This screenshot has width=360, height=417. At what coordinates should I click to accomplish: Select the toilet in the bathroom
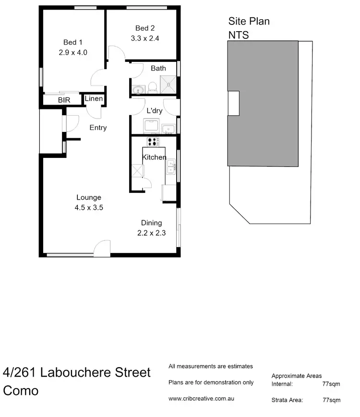153,87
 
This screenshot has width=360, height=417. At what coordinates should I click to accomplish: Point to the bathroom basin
138,89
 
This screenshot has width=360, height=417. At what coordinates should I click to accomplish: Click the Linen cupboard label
94,99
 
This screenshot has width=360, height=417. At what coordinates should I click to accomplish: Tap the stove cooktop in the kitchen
153,142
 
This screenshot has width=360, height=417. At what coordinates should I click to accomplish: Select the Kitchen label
154,157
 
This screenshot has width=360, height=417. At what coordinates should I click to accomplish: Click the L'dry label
154,111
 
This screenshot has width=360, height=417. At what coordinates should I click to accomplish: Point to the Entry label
98,128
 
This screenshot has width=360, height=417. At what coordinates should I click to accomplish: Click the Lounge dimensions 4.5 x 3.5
89,208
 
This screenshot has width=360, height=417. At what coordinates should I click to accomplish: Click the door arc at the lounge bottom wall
102,247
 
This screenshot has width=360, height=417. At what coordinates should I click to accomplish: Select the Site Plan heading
249,21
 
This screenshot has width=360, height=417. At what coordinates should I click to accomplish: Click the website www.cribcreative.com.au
202,398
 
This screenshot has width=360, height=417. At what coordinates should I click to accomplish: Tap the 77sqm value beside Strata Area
331,400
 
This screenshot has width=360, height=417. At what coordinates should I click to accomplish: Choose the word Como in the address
21,390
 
